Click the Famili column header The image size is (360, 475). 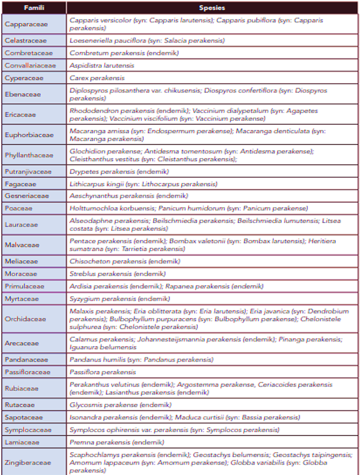click(x=34, y=9)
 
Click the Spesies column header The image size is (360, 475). click(x=212, y=9)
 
